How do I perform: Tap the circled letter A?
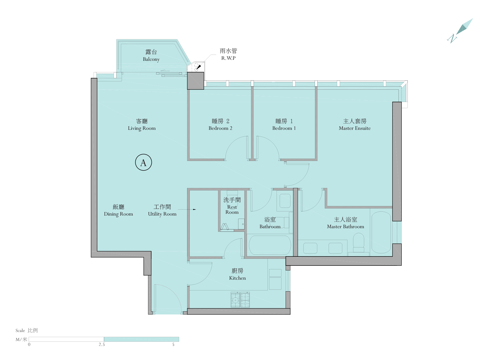[x=143, y=162]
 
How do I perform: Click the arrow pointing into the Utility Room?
[x=187, y=209]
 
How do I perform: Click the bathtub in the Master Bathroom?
[x=381, y=233]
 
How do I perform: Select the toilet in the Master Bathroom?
[x=359, y=242]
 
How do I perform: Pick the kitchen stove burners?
[x=240, y=300]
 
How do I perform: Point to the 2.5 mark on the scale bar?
[x=102, y=345]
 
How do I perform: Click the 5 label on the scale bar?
[x=173, y=345]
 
